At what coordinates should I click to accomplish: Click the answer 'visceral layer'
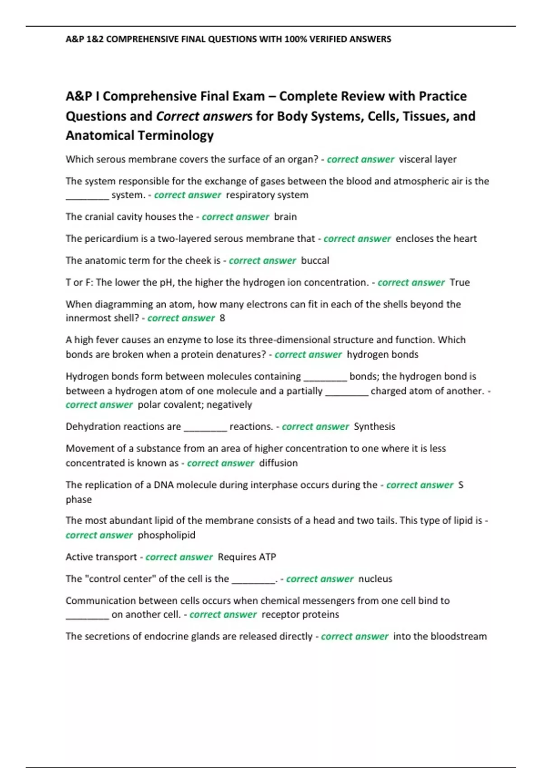427,159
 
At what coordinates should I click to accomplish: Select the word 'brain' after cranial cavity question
285,217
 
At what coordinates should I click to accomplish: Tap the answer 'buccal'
315,261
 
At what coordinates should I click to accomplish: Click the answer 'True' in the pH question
460,282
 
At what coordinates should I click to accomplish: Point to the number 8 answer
222,318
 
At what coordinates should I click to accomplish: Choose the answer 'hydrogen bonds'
382,355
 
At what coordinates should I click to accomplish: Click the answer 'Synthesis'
374,426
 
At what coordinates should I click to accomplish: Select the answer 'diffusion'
278,463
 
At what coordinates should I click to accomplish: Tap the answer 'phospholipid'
166,535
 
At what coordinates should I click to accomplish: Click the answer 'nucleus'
375,579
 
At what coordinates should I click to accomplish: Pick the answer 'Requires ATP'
247,557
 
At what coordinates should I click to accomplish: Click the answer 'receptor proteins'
300,614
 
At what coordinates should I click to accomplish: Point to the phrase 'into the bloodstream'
440,636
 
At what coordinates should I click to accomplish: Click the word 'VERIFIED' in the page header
328,39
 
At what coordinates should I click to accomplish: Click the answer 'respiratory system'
267,195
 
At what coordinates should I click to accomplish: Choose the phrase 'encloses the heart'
436,239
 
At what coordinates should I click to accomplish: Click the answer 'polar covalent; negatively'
195,405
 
